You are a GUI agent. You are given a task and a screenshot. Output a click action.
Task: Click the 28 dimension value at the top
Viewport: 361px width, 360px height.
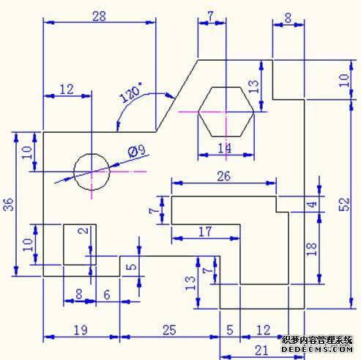[x=99, y=17]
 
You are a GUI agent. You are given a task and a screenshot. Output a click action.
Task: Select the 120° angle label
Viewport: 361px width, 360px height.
[x=131, y=92]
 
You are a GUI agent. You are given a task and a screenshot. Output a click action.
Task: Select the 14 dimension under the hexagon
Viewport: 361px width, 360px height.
[x=224, y=148]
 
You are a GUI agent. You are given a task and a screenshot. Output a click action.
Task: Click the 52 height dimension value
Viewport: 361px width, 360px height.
[x=344, y=205]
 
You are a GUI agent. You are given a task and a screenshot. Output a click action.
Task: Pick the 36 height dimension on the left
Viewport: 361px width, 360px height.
[x=8, y=205]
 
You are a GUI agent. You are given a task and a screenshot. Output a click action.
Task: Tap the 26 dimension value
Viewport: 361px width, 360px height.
[x=223, y=176]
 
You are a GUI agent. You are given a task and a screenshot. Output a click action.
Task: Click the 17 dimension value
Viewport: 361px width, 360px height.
[x=205, y=232]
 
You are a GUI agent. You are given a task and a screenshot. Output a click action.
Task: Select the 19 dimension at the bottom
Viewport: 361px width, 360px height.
[x=81, y=330]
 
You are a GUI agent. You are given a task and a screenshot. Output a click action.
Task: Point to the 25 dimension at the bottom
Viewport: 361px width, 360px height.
[x=169, y=330]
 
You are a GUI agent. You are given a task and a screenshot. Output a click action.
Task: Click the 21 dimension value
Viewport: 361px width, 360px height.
[x=261, y=350]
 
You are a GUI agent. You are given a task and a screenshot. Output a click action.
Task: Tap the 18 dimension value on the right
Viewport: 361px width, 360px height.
[x=311, y=249]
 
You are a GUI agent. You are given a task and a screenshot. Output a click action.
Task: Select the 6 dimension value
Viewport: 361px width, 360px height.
[x=107, y=295]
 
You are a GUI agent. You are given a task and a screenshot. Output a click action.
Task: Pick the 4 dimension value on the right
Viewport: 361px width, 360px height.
[x=312, y=205]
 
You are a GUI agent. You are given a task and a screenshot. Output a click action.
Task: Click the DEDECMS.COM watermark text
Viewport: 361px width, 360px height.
[x=317, y=349]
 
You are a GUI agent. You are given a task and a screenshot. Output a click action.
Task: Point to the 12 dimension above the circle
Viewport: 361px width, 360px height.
[x=67, y=89]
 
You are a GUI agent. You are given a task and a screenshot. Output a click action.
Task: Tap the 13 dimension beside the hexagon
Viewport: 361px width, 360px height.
[x=253, y=87]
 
